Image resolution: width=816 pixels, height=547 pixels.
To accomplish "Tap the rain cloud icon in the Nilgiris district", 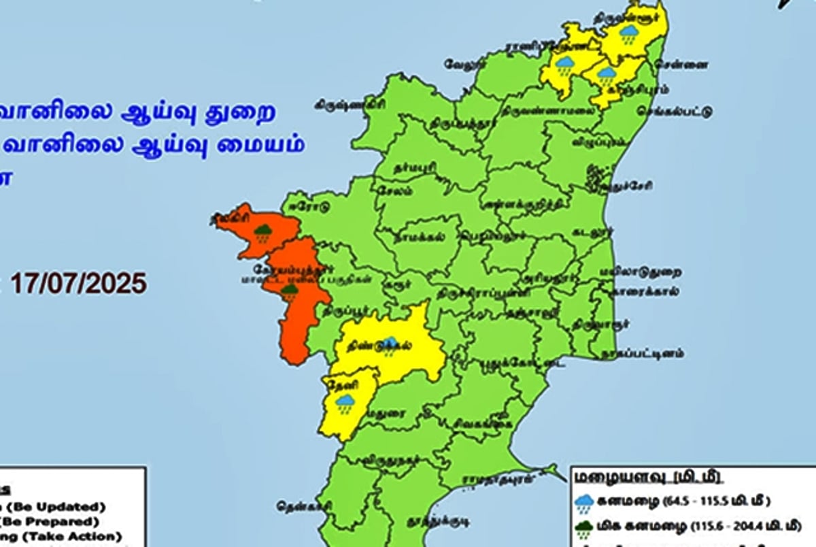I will [x=264, y=233].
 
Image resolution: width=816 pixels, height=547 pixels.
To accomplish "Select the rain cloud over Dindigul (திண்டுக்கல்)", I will [x=390, y=342].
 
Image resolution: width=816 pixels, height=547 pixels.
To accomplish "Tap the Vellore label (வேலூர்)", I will [x=463, y=64].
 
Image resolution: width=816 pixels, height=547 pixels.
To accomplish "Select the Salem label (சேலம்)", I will [x=394, y=190].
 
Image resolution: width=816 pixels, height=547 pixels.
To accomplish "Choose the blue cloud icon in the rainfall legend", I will [x=585, y=503].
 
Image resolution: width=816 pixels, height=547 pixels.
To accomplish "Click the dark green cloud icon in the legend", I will [x=585, y=528].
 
